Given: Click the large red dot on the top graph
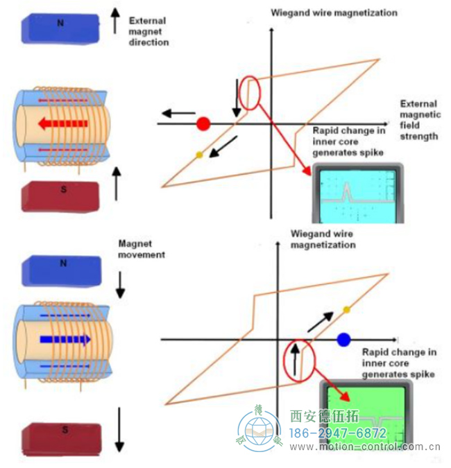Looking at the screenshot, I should pos(203,124).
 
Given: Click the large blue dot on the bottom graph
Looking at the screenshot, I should pos(343,339).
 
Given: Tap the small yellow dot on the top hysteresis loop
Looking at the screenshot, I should pos(199,155).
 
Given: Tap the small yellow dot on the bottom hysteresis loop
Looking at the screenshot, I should pos(346,309).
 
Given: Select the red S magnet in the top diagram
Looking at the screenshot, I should pos(62,196).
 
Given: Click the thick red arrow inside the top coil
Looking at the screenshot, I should pos(62,124).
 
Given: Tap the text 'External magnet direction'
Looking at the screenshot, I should pos(148,32).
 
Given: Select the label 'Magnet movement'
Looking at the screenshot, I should pos(142,249).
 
